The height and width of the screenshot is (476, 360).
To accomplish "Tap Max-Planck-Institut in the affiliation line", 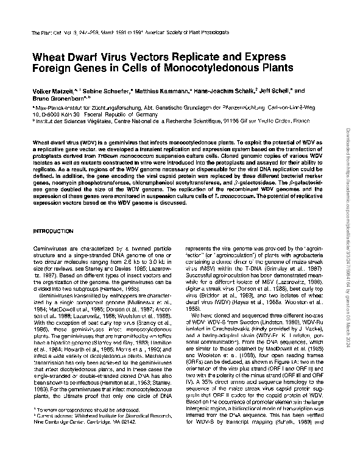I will point(61,106).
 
